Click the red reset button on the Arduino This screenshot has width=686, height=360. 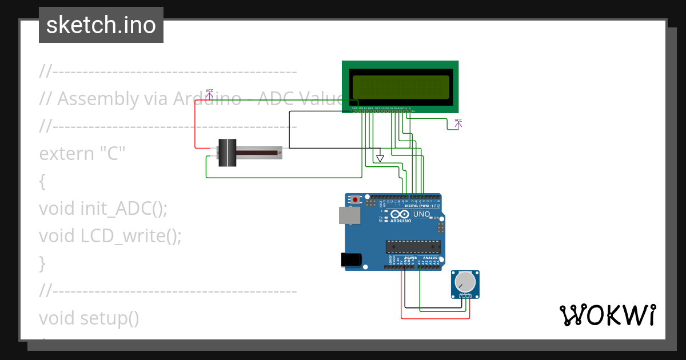356,200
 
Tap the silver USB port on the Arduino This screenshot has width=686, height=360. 350,215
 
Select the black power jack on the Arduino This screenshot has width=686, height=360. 351,259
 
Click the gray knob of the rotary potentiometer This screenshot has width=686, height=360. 464,282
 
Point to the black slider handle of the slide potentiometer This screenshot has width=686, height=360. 228,153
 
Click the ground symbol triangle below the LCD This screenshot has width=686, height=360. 380,158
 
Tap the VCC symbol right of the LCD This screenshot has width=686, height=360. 458,122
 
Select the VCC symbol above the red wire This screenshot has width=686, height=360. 209,92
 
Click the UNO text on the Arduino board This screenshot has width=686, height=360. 421,214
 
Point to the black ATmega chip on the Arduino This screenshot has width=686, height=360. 413,247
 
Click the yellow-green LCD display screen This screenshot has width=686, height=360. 400,87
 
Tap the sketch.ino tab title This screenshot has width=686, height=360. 101,25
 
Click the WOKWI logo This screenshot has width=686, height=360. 607,315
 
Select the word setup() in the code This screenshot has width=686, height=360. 109,318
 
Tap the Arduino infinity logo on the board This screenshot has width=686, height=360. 400,215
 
